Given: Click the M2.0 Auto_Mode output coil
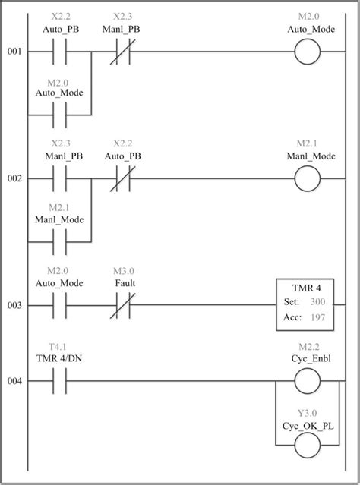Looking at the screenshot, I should point(308,52).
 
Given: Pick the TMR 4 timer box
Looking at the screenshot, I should point(308,305).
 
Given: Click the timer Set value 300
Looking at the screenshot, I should point(318,301).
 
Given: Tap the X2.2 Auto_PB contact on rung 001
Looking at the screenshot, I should point(59,52).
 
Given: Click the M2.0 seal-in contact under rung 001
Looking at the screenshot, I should point(59,115).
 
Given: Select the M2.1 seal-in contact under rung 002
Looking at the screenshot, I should point(59,242).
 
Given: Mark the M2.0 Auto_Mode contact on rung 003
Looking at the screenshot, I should point(59,305).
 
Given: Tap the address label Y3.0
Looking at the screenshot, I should point(308,415).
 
